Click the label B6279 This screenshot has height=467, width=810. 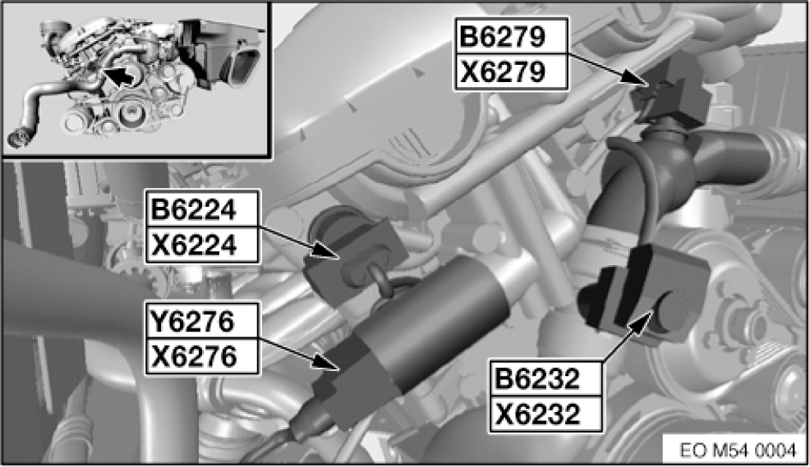pyautogui.click(x=503, y=37)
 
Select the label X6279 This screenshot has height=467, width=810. pyautogui.click(x=503, y=71)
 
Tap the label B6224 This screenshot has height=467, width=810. pyautogui.click(x=194, y=209)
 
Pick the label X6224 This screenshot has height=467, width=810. pyautogui.click(x=194, y=245)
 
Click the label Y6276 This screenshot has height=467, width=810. pyautogui.click(x=193, y=321)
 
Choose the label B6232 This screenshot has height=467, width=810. pyautogui.click(x=537, y=378)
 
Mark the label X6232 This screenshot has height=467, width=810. pyautogui.click(x=537, y=414)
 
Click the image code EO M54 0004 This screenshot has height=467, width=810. pyautogui.click(x=739, y=451)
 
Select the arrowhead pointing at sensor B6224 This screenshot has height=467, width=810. pyautogui.click(x=326, y=250)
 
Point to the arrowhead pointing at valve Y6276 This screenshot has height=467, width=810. pyautogui.click(x=326, y=363)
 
